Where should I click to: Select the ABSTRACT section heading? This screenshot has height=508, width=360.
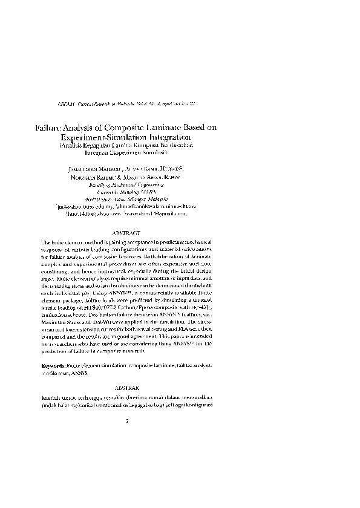127,232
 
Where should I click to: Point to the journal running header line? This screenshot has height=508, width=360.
127,105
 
